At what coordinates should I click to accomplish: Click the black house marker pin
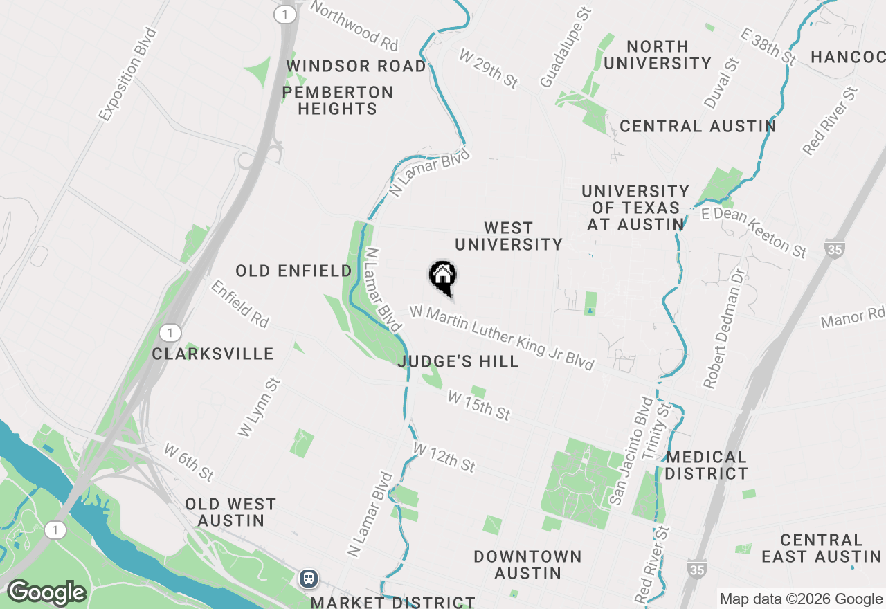(442, 277)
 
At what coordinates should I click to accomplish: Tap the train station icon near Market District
(309, 578)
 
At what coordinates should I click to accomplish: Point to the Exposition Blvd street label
(129, 74)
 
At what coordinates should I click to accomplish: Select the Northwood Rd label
(354, 26)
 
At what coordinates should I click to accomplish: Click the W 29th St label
(488, 67)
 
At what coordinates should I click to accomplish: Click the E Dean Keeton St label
(754, 233)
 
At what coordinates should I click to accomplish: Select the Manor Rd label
(852, 319)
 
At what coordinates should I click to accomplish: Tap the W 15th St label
(479, 406)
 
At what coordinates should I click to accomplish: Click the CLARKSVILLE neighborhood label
(213, 354)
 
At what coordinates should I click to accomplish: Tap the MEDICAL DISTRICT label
(706, 465)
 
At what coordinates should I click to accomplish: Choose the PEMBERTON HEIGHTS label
(338, 100)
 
